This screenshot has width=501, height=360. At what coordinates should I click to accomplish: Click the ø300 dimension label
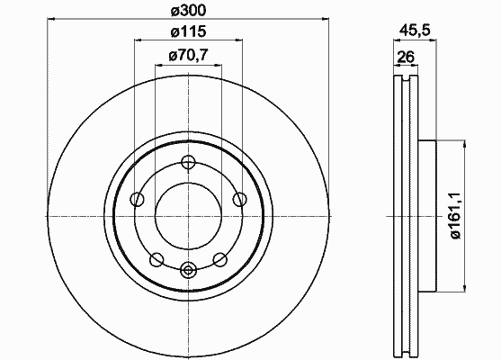click(189, 11)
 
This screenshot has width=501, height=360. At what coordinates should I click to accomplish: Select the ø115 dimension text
click(189, 31)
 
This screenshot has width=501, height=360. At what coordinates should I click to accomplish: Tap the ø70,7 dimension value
click(189, 56)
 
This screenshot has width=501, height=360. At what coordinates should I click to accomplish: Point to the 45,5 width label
click(415, 31)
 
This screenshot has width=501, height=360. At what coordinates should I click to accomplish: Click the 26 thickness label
click(406, 57)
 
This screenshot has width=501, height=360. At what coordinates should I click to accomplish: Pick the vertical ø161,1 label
click(454, 216)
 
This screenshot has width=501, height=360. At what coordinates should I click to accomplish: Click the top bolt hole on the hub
click(188, 162)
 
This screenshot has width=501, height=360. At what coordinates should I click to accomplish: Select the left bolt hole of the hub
click(137, 200)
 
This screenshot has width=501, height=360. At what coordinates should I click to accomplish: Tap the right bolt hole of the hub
click(239, 200)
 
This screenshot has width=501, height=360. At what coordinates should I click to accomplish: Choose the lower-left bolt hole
click(157, 259)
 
